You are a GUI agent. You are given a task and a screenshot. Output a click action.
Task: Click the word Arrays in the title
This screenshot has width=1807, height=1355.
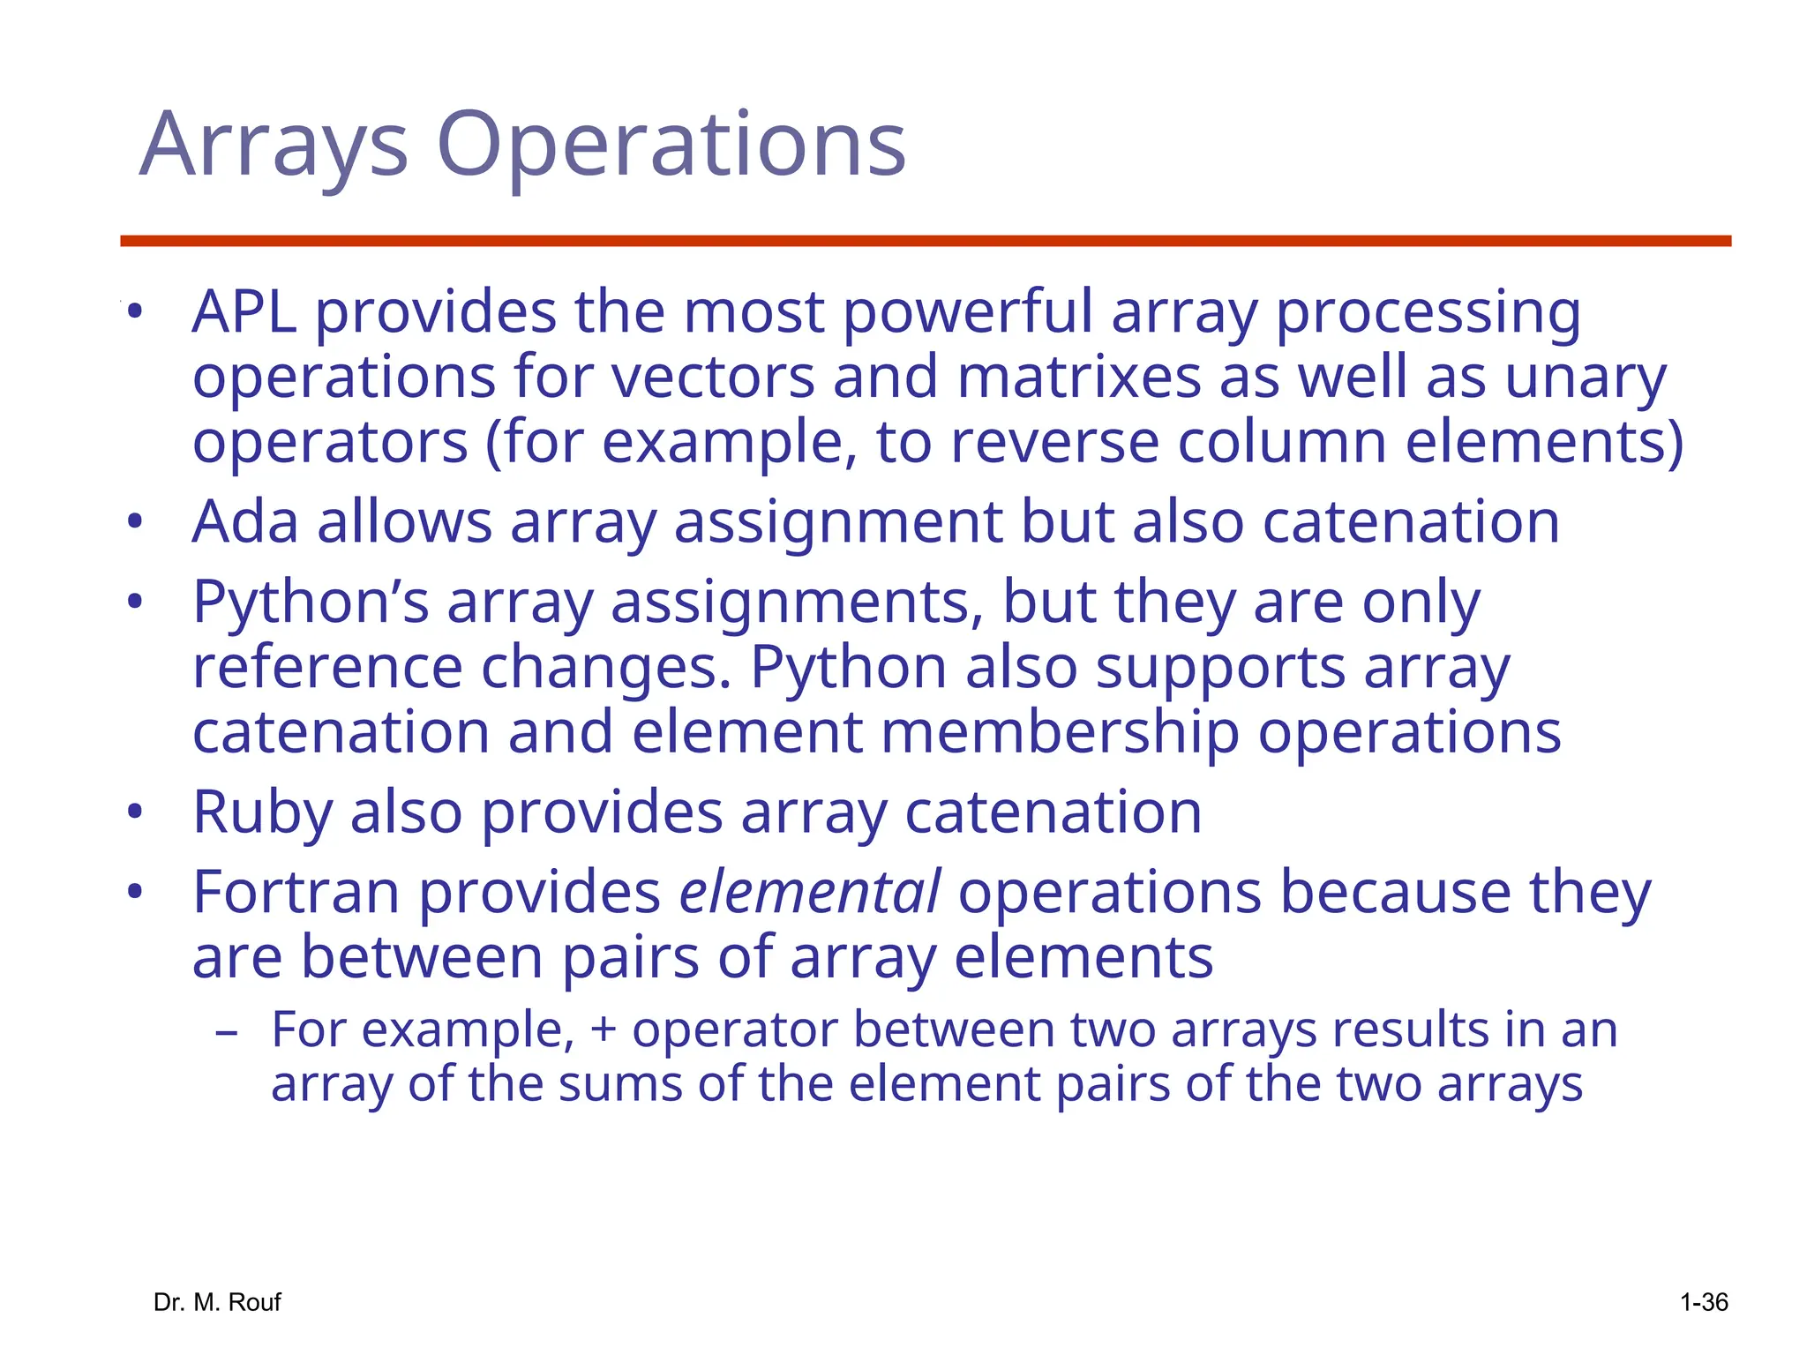(x=274, y=146)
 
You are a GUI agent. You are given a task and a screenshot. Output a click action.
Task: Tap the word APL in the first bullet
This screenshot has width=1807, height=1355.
(x=244, y=312)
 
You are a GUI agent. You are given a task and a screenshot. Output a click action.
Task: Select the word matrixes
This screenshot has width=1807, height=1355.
(x=1078, y=378)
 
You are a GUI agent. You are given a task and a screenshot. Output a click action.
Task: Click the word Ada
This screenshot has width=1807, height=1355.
(x=244, y=522)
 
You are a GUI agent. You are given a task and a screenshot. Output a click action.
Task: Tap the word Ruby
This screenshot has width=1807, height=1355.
(x=262, y=812)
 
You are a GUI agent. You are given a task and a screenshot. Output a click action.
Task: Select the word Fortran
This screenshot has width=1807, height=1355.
(x=296, y=893)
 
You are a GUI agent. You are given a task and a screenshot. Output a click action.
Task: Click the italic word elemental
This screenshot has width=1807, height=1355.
(x=809, y=893)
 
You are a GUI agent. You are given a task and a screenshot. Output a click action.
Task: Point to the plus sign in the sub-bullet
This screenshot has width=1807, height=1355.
(x=604, y=1030)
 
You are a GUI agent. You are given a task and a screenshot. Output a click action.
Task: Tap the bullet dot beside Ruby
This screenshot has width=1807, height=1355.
(x=134, y=812)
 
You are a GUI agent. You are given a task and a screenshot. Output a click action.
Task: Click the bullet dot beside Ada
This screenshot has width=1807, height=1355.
(x=134, y=521)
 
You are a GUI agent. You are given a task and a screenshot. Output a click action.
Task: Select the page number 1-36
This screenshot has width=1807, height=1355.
(x=1703, y=1302)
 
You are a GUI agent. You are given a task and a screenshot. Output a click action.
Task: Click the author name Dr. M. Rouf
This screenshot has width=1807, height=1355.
(x=217, y=1302)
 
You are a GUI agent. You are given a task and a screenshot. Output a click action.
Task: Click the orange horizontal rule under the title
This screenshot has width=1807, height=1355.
(x=925, y=241)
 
